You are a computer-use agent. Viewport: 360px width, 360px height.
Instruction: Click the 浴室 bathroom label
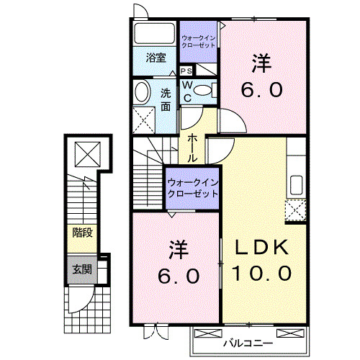pos(156,58)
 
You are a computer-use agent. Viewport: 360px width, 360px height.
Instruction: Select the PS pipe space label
pos(186,71)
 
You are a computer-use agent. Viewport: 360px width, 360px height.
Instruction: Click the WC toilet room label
pos(186,90)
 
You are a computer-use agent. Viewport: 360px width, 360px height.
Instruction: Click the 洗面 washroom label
pos(166,99)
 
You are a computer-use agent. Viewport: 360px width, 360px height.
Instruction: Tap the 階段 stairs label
pos(81,232)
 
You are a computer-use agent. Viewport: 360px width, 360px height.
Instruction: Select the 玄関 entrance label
pos(81,270)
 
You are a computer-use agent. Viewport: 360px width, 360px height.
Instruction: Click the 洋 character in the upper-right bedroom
pos(262,63)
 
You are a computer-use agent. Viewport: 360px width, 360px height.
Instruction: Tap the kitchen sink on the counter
pos(295,183)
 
